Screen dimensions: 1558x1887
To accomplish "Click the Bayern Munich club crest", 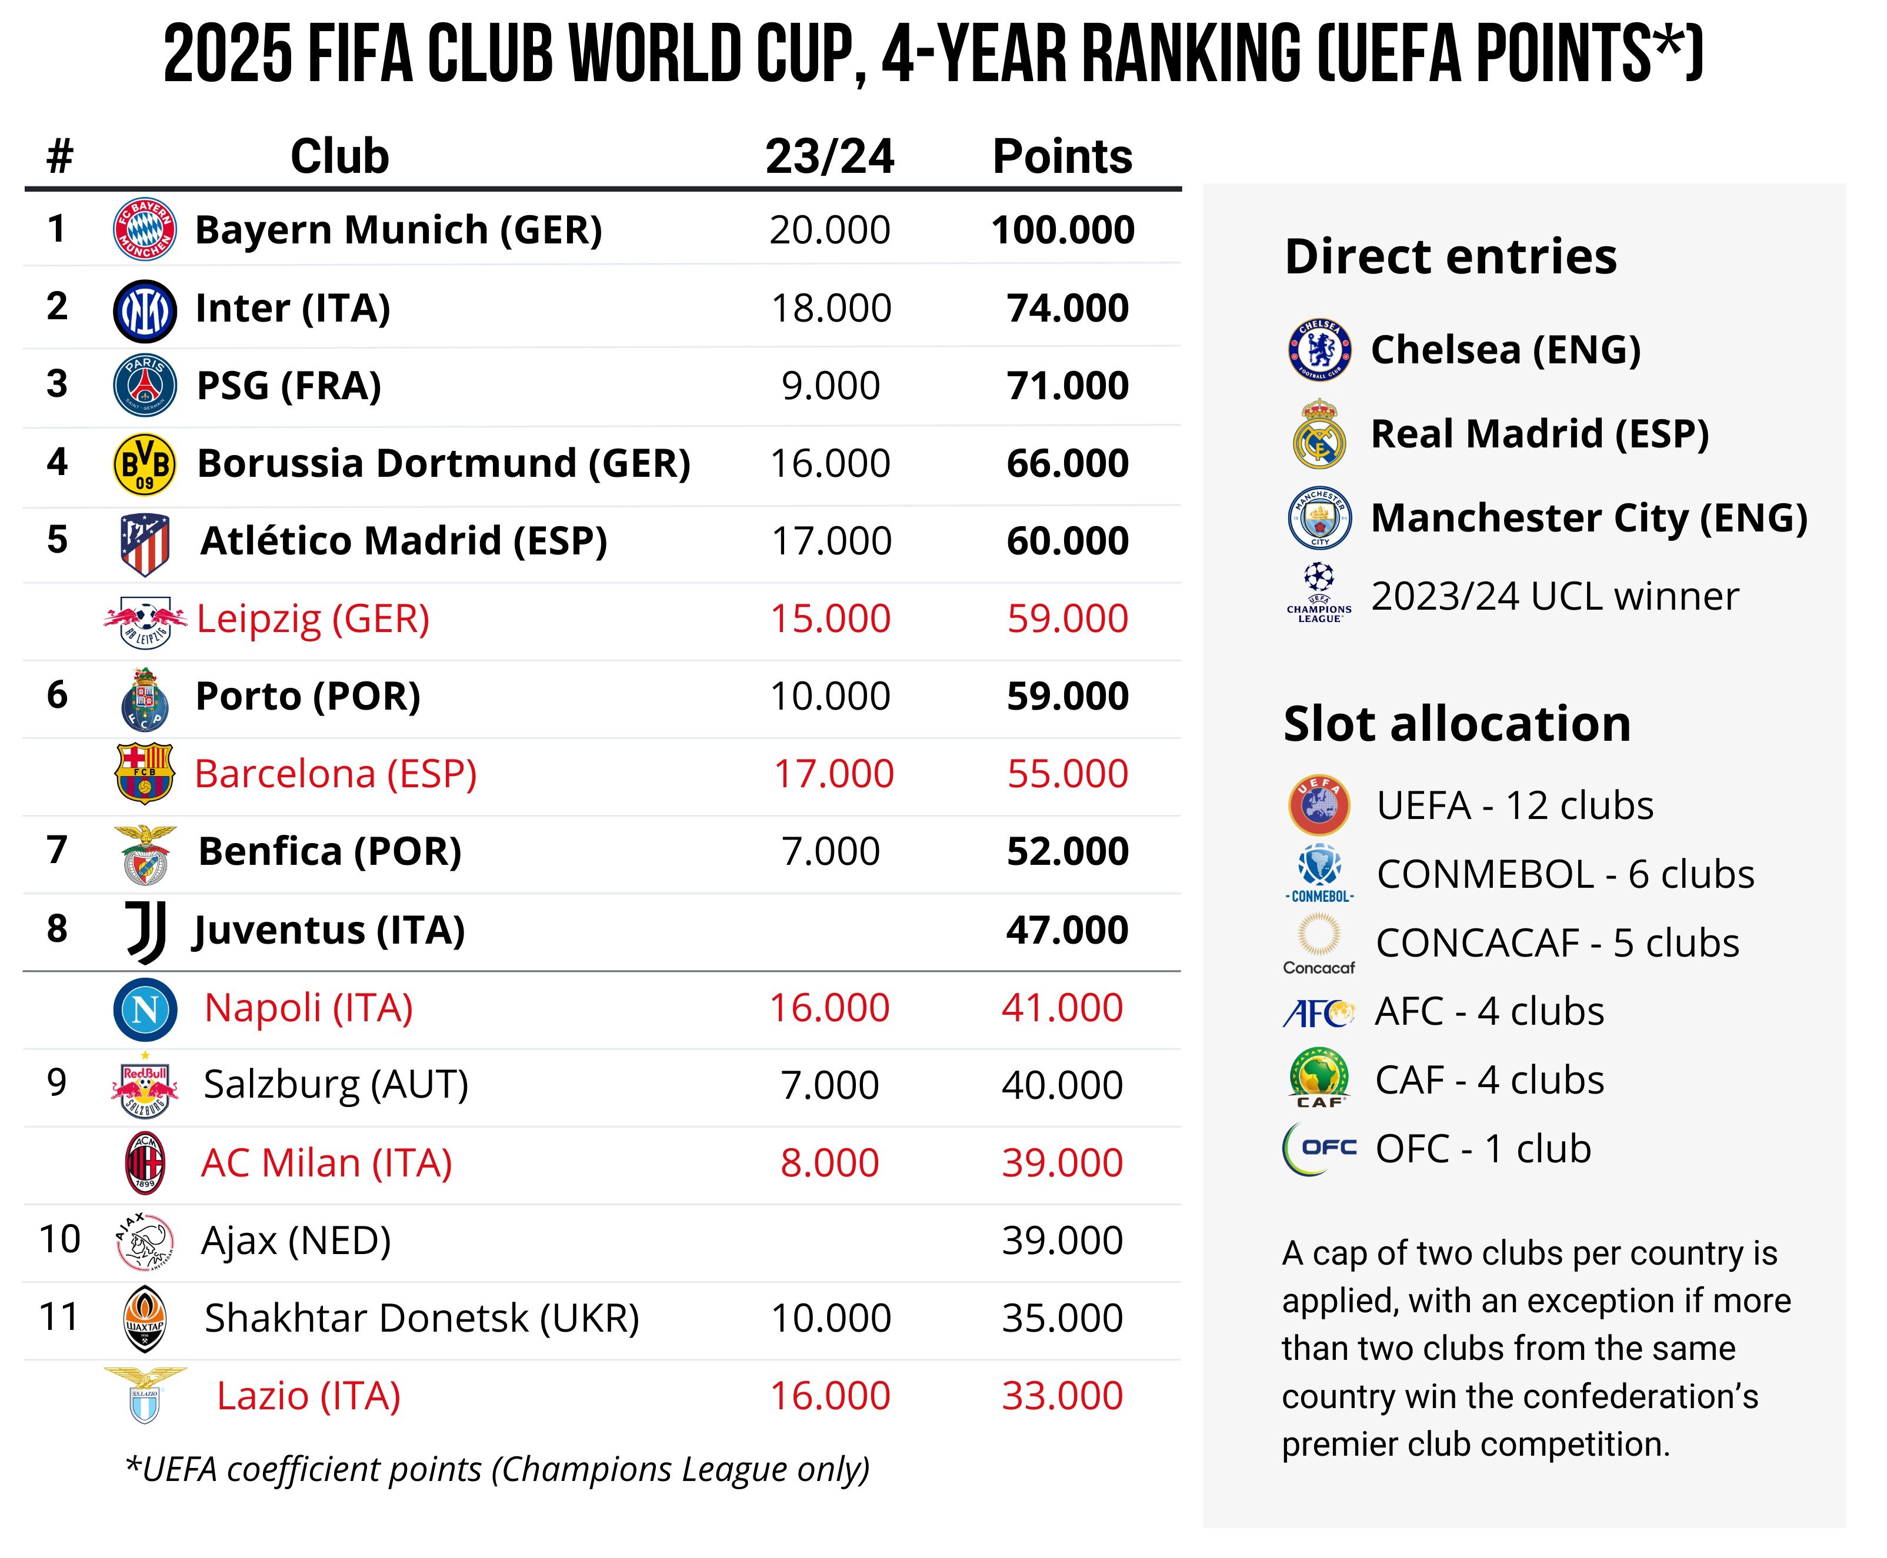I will pos(145,229).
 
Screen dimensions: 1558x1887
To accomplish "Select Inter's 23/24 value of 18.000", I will pos(831,308).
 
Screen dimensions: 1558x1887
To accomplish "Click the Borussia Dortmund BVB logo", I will pos(145,464).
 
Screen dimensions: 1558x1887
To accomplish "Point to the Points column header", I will pos(1061,156).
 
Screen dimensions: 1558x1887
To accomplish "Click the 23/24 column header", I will pos(829,156).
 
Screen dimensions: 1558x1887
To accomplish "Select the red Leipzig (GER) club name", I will pos(312,618).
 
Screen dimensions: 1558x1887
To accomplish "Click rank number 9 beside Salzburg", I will pos(56,1083).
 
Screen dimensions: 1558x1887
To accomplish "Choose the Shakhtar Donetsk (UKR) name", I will pos(422,1318).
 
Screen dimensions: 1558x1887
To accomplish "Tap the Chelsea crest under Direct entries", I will pos(1319,349).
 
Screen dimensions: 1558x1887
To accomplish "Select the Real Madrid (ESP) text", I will pos(1539,433).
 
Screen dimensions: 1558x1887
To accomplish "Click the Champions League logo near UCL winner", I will pos(1319,592).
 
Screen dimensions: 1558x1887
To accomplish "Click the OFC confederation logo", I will pos(1319,1148).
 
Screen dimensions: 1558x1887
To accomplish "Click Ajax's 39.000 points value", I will pos(1062,1241).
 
